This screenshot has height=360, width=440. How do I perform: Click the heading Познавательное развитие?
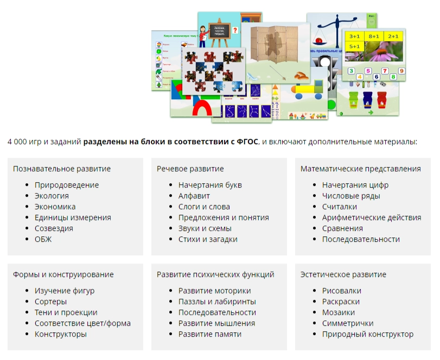pyautogui.click(x=62, y=169)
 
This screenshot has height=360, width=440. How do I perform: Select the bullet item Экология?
pyautogui.click(x=52, y=196)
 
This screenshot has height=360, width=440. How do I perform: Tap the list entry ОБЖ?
pyautogui.click(x=43, y=239)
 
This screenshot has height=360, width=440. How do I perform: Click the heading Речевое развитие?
pyautogui.click(x=190, y=169)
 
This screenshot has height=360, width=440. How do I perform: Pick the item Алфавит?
pyautogui.click(x=194, y=196)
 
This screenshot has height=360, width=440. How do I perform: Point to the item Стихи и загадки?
pyautogui.click(x=208, y=239)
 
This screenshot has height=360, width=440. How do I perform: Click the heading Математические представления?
pyautogui.click(x=361, y=169)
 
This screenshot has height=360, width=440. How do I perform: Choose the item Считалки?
pyautogui.click(x=340, y=207)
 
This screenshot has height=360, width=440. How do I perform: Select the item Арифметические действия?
pyautogui.click(x=372, y=217)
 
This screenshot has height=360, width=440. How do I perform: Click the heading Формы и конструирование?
pyautogui.click(x=63, y=274)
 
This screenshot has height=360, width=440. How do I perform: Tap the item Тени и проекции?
pyautogui.click(x=66, y=312)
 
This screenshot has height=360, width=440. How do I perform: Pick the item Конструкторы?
pyautogui.click(x=61, y=334)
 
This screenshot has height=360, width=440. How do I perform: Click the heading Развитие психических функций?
pyautogui.click(x=215, y=274)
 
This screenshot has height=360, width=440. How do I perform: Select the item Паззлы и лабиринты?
pyautogui.click(x=217, y=301)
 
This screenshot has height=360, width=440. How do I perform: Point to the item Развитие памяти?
pyautogui.click(x=210, y=334)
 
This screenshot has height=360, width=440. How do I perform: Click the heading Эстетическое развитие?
pyautogui.click(x=343, y=274)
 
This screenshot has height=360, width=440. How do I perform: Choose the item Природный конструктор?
pyautogui.click(x=368, y=334)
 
